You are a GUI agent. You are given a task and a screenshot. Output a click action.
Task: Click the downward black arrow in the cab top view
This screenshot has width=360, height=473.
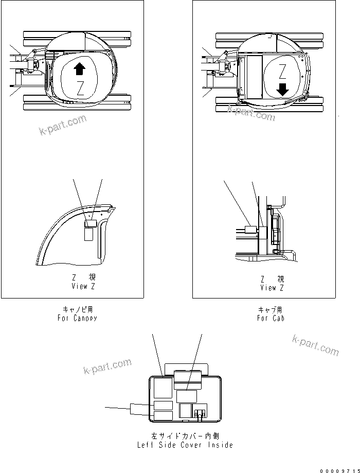(x=283, y=89)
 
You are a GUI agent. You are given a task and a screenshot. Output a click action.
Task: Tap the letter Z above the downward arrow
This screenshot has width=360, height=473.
(x=282, y=71)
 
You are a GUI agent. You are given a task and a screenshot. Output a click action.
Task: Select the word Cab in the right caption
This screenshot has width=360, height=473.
(x=278, y=318)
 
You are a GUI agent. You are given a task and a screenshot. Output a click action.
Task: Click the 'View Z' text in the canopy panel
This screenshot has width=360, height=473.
(x=83, y=286)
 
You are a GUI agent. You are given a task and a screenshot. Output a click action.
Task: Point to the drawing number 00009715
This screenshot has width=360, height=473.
(x=337, y=470)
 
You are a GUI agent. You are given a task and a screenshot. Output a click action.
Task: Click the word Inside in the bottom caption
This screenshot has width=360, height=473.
(x=221, y=445)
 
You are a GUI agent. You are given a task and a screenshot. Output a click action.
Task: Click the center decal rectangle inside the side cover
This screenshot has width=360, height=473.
(x=186, y=396)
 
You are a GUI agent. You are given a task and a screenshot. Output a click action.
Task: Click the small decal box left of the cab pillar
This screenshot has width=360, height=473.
(x=250, y=231)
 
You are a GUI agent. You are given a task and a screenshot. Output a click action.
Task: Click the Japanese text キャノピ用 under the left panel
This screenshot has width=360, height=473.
(x=78, y=309)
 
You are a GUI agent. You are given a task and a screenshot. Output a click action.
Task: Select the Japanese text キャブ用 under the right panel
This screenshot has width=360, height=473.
(x=270, y=309)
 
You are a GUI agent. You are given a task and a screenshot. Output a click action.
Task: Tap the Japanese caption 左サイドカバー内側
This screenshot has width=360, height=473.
(x=186, y=436)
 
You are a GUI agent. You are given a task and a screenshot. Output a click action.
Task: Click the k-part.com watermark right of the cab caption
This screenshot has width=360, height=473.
(x=315, y=344)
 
